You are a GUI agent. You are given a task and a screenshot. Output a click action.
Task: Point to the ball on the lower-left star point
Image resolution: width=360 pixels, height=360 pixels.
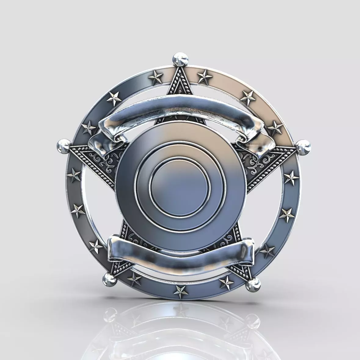click(x=108, y=278)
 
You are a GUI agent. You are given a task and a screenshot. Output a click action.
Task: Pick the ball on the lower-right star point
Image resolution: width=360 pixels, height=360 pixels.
click(x=253, y=285)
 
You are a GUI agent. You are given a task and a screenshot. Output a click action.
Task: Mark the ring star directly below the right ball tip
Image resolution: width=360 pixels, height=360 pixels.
click(x=292, y=178)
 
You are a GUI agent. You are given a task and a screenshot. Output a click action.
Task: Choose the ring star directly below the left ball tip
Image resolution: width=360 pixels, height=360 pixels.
click(x=74, y=176)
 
